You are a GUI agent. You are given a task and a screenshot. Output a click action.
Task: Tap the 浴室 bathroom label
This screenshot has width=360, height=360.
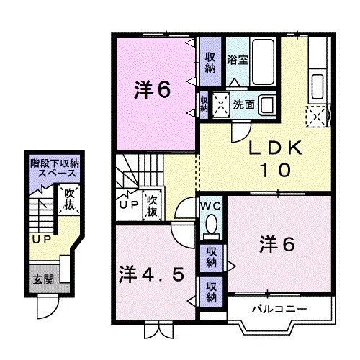point(238,59)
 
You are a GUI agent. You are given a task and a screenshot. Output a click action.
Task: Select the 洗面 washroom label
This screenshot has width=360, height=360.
point(243,104)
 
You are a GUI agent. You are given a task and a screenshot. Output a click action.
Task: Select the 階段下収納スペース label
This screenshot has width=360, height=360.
point(53,169)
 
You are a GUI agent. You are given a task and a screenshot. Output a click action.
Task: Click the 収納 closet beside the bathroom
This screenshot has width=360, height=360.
point(210,62)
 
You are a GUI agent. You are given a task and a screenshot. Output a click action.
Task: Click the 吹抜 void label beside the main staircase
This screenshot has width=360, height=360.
point(152,205)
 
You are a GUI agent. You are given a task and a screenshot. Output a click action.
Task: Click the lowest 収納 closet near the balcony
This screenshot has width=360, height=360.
point(211,292)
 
